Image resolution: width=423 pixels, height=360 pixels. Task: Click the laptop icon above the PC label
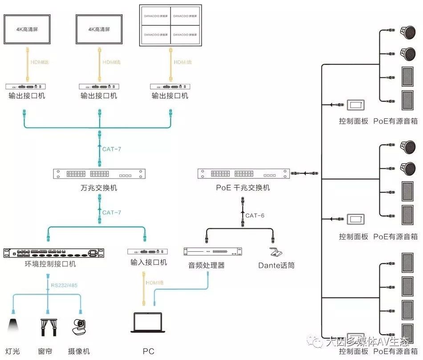click(x=149, y=323)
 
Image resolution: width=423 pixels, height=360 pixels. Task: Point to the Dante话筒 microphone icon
click(x=275, y=251)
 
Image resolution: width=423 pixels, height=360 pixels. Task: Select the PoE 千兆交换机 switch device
click(x=243, y=174)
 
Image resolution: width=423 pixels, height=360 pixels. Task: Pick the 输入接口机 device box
click(x=148, y=252)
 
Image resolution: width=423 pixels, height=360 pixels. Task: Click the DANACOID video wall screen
click(x=170, y=25)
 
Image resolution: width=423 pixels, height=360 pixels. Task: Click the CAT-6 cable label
click(x=255, y=215)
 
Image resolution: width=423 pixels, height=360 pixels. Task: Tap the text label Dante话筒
click(x=276, y=266)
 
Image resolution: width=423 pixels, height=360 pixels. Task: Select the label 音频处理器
click(x=206, y=266)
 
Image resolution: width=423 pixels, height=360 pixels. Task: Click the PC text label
click(x=149, y=352)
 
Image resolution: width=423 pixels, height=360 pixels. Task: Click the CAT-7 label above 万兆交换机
click(x=112, y=149)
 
